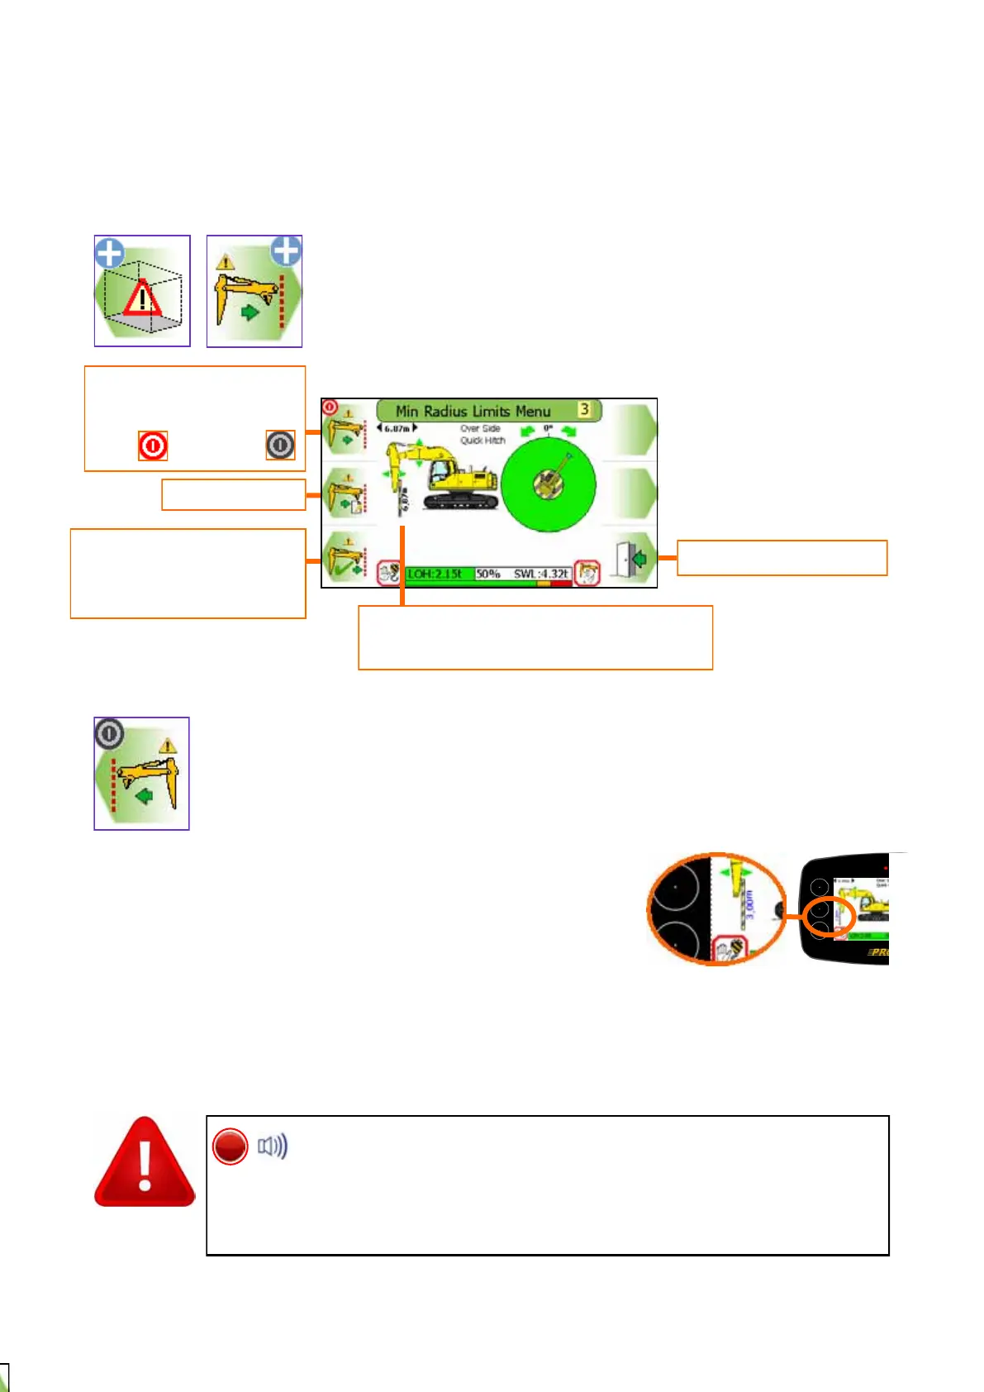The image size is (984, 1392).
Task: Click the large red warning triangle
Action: click(145, 1163)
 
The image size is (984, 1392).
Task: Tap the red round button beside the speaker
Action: click(230, 1146)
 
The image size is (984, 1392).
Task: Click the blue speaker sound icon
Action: click(273, 1146)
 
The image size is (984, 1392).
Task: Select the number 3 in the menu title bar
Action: click(584, 409)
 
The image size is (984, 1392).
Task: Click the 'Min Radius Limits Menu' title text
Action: click(473, 411)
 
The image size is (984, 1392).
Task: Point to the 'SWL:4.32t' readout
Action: click(541, 574)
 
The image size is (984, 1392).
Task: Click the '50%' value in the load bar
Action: click(488, 574)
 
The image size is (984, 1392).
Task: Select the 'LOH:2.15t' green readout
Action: click(434, 574)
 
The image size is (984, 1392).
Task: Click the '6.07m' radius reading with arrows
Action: click(397, 428)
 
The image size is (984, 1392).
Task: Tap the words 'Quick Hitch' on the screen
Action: click(482, 441)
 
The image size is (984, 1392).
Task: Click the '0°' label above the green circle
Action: click(547, 429)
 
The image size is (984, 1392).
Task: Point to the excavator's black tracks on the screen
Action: click(461, 501)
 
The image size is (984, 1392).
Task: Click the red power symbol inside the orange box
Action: click(153, 446)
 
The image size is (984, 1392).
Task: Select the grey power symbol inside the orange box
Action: click(280, 445)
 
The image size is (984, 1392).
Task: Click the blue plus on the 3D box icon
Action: click(109, 253)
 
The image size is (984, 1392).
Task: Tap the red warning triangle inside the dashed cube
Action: click(143, 299)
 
